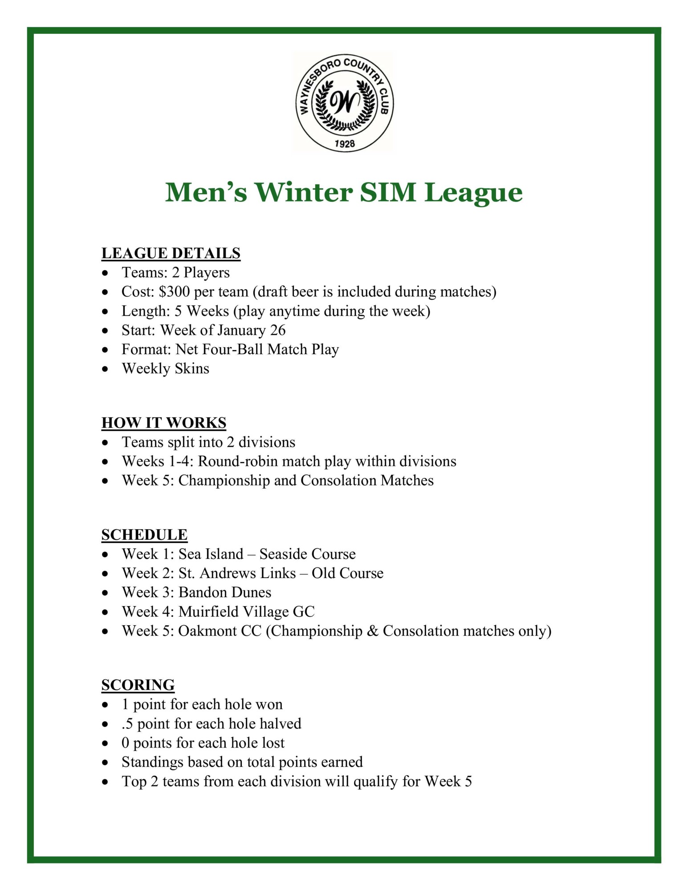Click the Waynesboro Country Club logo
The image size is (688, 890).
point(344,102)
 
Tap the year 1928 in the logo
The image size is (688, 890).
point(344,143)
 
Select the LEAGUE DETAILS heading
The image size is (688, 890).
point(171,253)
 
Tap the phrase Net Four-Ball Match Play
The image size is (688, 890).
point(257,349)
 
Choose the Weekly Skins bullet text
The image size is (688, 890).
point(165,368)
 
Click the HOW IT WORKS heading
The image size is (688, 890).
point(164,423)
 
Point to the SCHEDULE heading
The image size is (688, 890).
point(144,534)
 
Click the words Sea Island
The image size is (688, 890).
point(211,554)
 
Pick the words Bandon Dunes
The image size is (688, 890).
point(225,592)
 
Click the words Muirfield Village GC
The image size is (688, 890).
point(247,612)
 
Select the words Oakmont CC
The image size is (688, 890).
point(220,631)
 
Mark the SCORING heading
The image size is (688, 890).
point(138,685)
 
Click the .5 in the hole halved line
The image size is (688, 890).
point(127,724)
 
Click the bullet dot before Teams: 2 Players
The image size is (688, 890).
point(105,272)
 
